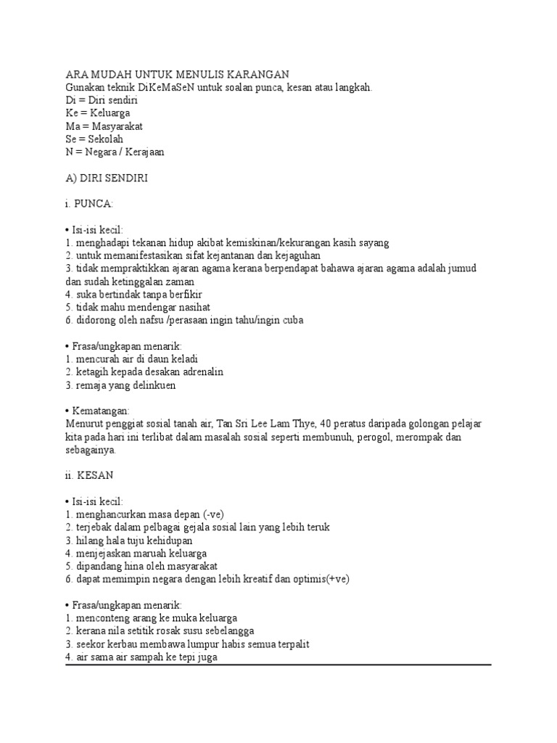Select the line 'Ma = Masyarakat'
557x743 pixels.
click(x=104, y=126)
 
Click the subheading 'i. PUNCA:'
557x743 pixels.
click(x=89, y=204)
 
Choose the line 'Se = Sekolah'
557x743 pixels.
click(x=94, y=139)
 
